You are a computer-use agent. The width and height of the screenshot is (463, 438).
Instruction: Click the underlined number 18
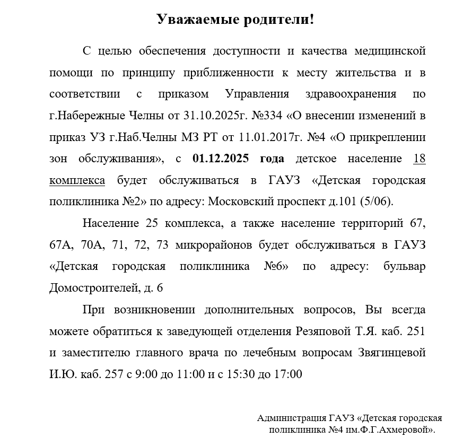pos(419,159)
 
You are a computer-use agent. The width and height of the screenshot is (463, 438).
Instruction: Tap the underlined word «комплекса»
pos(77,180)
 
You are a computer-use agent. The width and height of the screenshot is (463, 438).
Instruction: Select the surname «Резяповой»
pos(321,331)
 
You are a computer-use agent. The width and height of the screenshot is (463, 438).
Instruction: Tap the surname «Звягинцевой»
pos(389,353)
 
